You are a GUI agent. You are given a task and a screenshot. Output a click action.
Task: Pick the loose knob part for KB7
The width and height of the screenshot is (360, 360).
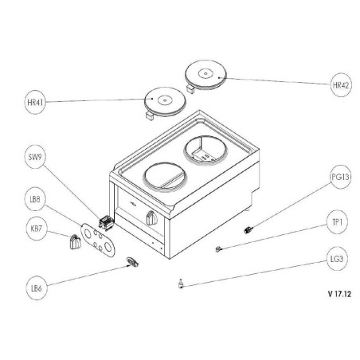click(x=75, y=243)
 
